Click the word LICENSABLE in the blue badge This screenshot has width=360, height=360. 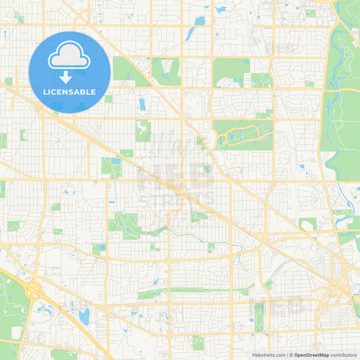pyautogui.click(x=70, y=91)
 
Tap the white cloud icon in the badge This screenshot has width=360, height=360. pyautogui.click(x=70, y=57)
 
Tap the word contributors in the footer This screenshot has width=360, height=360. pyautogui.click(x=344, y=354)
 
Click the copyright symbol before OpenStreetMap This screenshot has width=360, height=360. pyautogui.click(x=291, y=354)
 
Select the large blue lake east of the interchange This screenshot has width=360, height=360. pyautogui.click(x=84, y=315)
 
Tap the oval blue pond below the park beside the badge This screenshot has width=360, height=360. pyautogui.click(x=142, y=104)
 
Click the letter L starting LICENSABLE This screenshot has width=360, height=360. pyautogui.click(x=45, y=91)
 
